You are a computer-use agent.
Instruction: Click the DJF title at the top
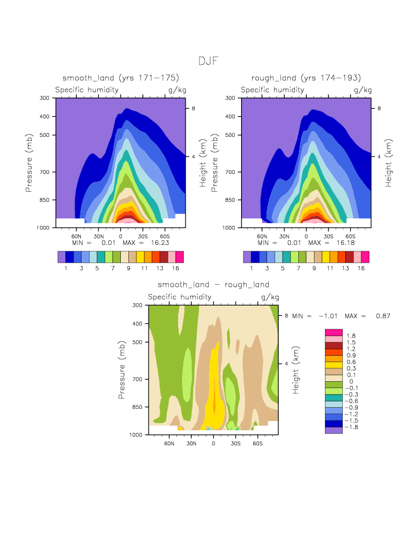point(208,61)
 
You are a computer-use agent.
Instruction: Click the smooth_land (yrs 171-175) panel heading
point(120,78)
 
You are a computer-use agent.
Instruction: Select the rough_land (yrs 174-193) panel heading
point(306,78)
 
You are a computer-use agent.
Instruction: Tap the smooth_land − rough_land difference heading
point(213,285)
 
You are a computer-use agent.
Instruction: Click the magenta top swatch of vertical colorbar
point(334,332)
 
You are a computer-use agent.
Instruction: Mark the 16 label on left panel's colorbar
point(176,268)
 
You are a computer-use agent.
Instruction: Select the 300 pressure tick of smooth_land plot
point(45,98)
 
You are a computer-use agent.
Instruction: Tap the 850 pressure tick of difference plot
point(137,407)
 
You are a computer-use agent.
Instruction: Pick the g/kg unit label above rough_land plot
point(363,90)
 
